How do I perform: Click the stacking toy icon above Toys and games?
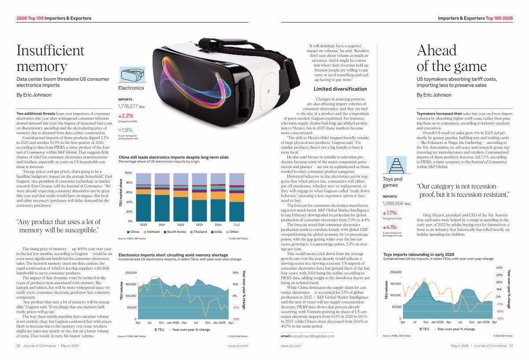392,165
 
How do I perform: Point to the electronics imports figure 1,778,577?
128,106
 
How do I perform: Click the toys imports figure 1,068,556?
393,204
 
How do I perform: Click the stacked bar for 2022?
181,197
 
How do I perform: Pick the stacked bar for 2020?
143,197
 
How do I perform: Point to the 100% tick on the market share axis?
129,173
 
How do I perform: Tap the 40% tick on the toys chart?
499,268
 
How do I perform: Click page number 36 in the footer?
19,346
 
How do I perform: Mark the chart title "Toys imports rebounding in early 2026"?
418,255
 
